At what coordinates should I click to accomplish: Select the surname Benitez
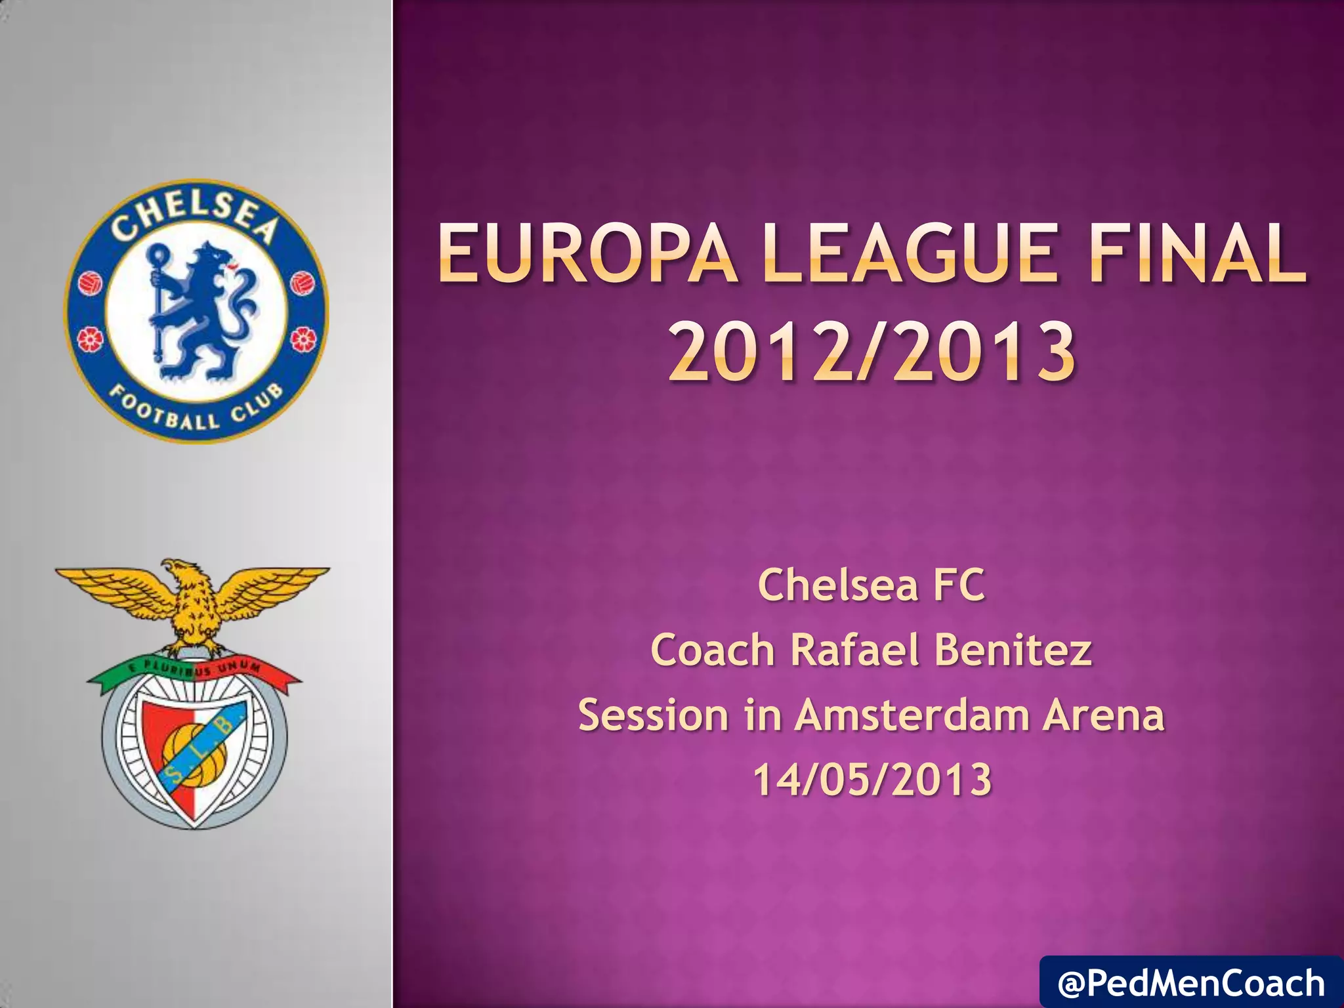pos(1013,650)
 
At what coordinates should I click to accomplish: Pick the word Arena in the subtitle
pos(1104,715)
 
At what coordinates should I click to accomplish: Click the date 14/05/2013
pos(871,780)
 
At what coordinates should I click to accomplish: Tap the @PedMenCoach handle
pos(1191,983)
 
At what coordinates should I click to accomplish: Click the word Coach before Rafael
pos(713,650)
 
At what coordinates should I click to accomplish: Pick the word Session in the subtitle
pos(653,715)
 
